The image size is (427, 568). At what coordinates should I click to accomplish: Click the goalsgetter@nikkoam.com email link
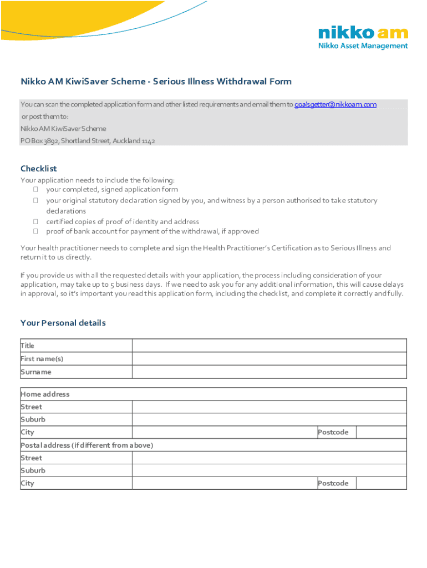tap(335, 105)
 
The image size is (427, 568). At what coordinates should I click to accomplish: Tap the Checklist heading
tap(38, 169)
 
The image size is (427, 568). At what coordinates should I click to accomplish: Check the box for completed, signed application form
tap(35, 190)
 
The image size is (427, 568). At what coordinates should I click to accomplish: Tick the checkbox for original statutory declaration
tap(35, 201)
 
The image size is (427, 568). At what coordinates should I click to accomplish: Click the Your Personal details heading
tap(63, 323)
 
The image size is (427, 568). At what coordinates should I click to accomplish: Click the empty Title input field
tap(269, 346)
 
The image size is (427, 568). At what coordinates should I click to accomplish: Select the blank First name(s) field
tap(269, 359)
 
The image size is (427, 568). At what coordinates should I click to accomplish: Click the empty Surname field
tap(269, 372)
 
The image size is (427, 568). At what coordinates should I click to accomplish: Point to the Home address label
tap(45, 394)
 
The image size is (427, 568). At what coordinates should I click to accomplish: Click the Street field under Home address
tap(269, 407)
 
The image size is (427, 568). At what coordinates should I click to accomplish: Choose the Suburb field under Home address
tap(269, 420)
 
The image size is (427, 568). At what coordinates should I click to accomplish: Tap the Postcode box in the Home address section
tap(381, 433)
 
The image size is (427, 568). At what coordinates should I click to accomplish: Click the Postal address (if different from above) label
tap(87, 445)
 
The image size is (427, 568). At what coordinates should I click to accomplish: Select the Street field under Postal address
tap(269, 458)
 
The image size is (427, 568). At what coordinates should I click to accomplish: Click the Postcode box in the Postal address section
tap(381, 484)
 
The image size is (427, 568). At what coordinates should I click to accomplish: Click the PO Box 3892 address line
tap(88, 141)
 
